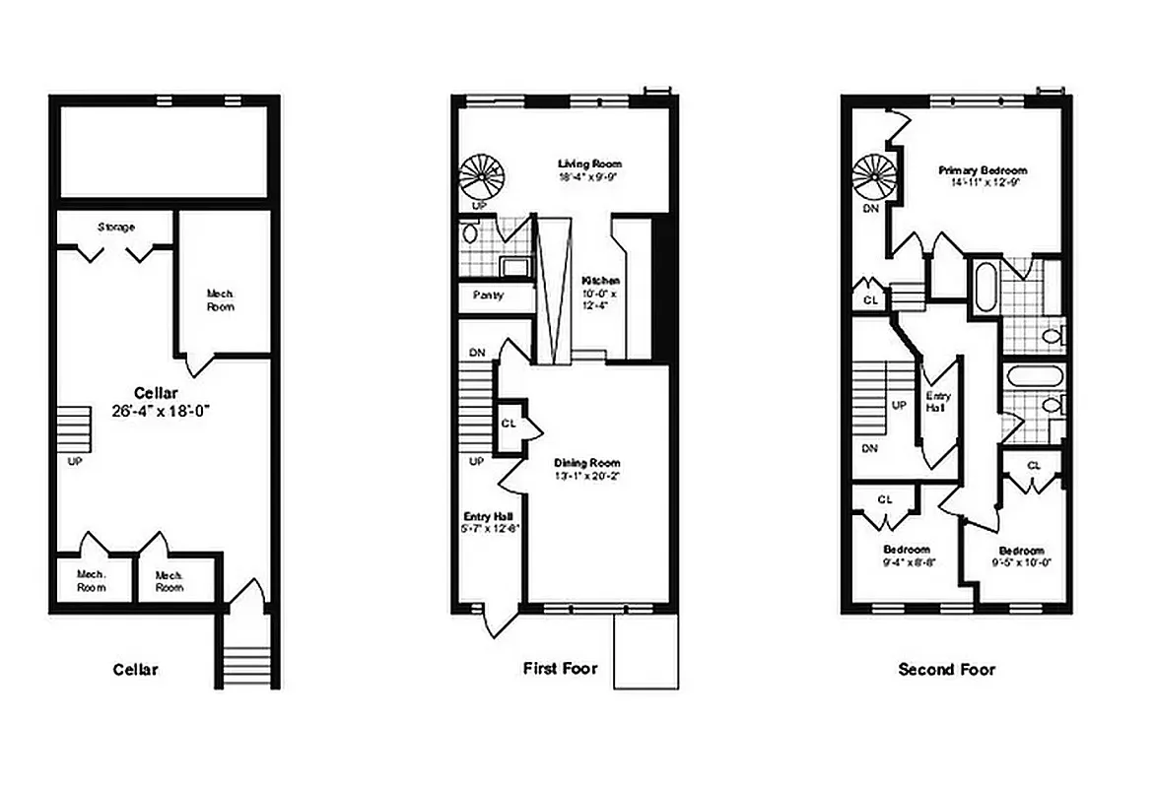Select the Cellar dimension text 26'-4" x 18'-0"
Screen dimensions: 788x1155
click(163, 412)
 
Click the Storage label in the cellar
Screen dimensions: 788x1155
click(116, 228)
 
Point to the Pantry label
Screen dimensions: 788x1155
click(489, 295)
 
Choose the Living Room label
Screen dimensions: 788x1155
click(589, 164)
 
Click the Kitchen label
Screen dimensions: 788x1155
click(599, 281)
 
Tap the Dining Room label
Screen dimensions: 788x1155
click(586, 463)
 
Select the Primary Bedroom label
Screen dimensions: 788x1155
click(983, 170)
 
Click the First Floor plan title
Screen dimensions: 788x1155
click(562, 669)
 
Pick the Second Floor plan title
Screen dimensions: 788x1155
click(946, 669)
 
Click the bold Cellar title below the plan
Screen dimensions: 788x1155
click(135, 669)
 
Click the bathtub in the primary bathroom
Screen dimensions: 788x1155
click(982, 288)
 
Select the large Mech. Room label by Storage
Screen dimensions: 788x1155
click(220, 299)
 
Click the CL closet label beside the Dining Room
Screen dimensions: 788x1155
click(509, 423)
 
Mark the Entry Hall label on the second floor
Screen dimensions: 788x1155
click(937, 401)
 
